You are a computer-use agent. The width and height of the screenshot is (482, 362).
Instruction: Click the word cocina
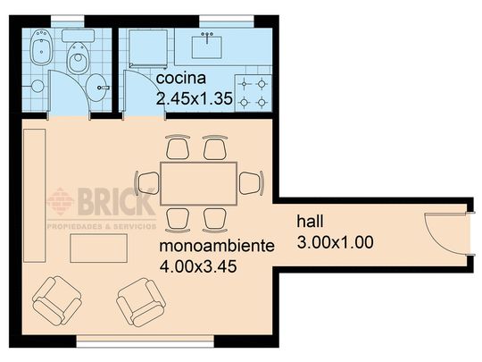pyautogui.click(x=180, y=78)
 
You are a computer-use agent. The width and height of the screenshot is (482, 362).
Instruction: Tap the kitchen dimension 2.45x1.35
pyautogui.click(x=195, y=98)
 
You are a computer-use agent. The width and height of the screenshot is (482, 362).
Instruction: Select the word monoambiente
pyautogui.click(x=217, y=246)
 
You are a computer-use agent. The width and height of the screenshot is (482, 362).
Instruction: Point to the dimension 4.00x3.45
pyautogui.click(x=198, y=266)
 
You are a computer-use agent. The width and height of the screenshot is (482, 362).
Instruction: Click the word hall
pyautogui.click(x=310, y=221)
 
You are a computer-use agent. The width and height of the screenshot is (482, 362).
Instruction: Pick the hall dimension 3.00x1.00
pyautogui.click(x=335, y=242)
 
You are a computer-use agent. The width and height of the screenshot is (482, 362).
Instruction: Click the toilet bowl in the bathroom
pyautogui.click(x=79, y=58)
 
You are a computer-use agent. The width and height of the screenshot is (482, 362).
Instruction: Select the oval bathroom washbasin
pyautogui.click(x=96, y=88)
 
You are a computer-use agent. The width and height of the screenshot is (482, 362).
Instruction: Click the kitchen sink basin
pyautogui.click(x=207, y=47)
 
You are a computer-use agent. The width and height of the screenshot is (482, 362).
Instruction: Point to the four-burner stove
pyautogui.click(x=253, y=93)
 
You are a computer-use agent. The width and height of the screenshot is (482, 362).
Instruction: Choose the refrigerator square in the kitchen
pyautogui.click(x=148, y=48)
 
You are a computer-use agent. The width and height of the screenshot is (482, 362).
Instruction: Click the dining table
pyautogui.click(x=198, y=184)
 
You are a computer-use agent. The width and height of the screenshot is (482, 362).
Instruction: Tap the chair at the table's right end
pyautogui.click(x=252, y=183)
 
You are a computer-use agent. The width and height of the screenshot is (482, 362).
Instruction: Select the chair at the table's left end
pyautogui.click(x=147, y=183)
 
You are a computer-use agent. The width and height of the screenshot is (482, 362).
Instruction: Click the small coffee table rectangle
pyautogui.click(x=99, y=248)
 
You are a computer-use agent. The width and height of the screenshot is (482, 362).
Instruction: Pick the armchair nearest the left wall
pyautogui.click(x=57, y=300)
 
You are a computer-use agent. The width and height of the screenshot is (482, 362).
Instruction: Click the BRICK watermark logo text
pyautogui.click(x=116, y=202)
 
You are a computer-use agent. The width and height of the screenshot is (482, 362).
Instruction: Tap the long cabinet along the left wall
pyautogui.click(x=35, y=196)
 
